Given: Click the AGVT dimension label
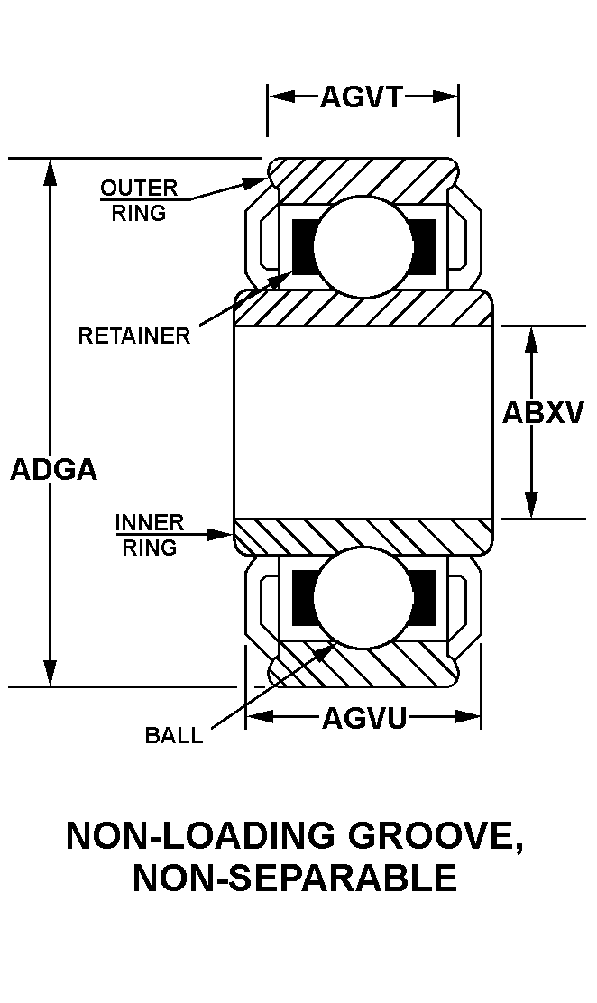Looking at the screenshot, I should (x=361, y=97).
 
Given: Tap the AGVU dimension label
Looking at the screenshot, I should (x=364, y=718).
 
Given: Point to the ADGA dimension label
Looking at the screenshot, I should (x=53, y=470).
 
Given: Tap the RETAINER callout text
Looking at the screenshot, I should (x=134, y=336).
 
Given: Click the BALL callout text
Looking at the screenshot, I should (x=174, y=735).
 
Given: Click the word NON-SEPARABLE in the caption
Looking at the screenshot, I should (x=295, y=878).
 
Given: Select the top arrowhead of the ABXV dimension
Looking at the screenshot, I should (x=532, y=338).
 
